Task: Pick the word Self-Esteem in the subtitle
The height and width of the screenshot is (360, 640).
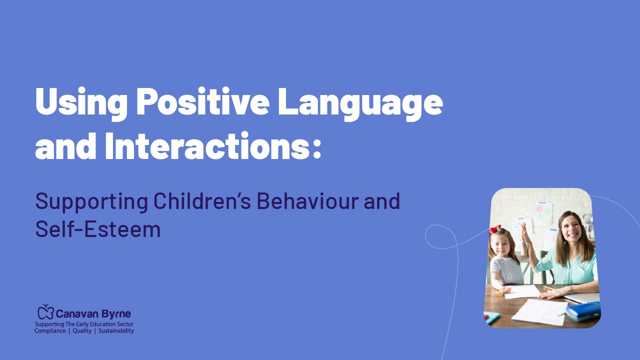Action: (98, 229)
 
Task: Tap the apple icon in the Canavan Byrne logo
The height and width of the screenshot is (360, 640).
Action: (46, 312)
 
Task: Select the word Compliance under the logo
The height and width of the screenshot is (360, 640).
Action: (50, 331)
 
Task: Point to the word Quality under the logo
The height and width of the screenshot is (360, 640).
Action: (82, 331)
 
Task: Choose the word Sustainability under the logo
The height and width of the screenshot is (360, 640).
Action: (116, 331)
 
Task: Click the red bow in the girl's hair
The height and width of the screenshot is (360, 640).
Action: (495, 229)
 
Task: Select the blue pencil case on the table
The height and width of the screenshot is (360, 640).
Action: (583, 311)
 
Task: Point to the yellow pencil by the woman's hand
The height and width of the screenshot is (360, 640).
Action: (548, 288)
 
